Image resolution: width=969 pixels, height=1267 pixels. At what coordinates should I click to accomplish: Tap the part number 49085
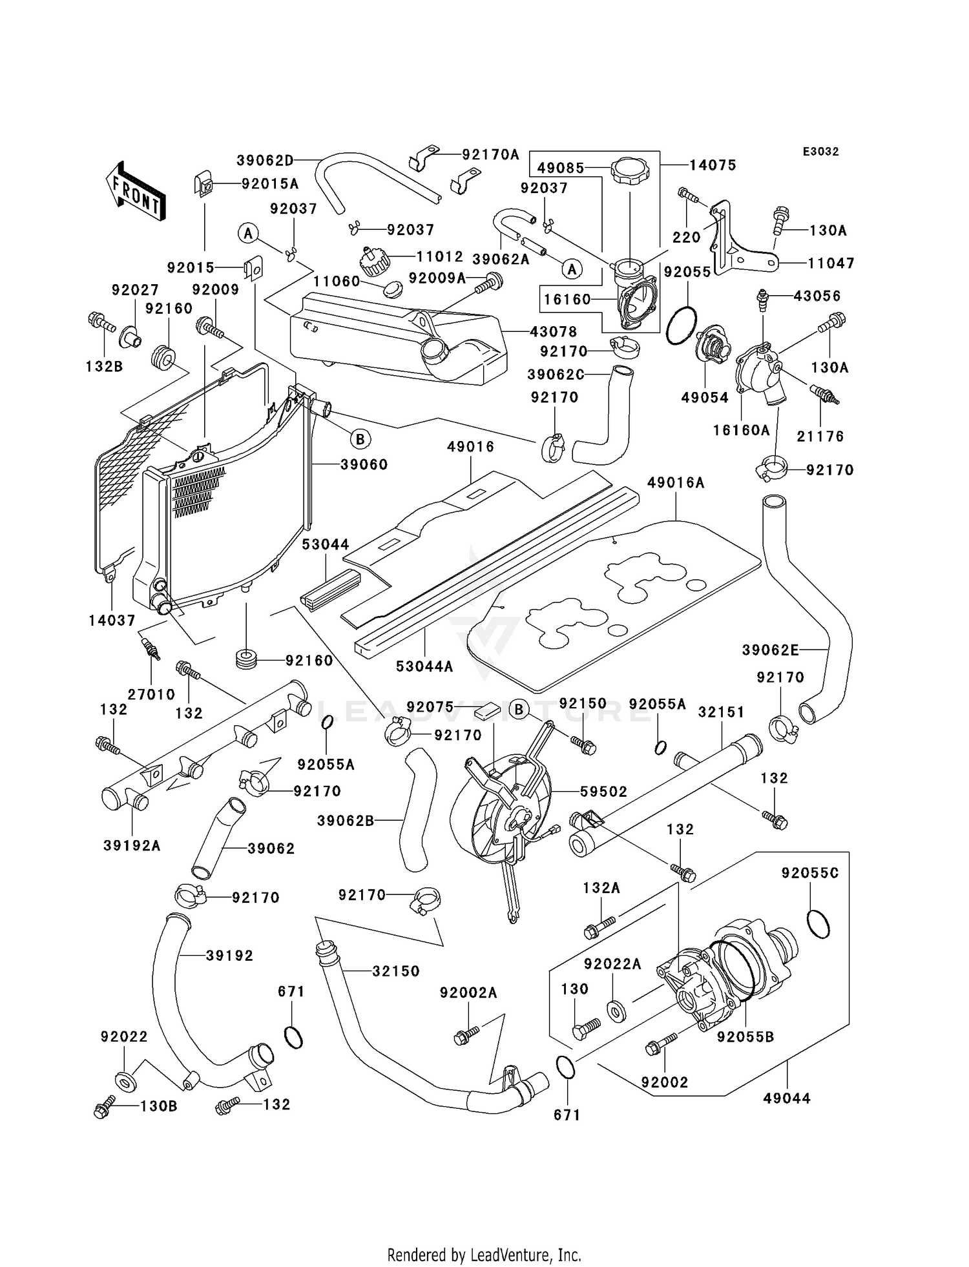click(x=560, y=169)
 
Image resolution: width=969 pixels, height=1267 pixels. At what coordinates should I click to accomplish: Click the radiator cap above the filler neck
click(x=629, y=171)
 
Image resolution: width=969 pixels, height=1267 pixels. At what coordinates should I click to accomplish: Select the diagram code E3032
click(x=820, y=152)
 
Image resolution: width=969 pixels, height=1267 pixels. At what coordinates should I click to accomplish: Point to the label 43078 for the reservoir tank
click(x=553, y=331)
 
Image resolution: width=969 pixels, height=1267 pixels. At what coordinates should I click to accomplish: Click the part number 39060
click(x=364, y=465)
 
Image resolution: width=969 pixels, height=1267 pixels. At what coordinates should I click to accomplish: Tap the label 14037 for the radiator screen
click(x=112, y=621)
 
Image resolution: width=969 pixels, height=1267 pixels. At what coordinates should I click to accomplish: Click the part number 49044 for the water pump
click(x=786, y=1098)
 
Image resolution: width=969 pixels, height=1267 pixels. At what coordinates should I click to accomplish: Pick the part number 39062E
click(x=770, y=650)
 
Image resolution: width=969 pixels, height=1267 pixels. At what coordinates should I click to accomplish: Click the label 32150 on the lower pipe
click(x=395, y=971)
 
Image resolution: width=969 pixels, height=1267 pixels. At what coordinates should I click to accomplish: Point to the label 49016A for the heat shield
click(x=676, y=483)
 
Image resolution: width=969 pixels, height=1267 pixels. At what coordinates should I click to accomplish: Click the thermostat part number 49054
click(x=705, y=398)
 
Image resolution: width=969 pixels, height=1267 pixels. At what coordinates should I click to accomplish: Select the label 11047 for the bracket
click(x=831, y=263)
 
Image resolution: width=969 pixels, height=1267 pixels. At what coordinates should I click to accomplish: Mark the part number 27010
click(x=151, y=694)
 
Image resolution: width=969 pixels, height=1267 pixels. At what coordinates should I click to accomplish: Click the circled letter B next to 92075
click(x=518, y=708)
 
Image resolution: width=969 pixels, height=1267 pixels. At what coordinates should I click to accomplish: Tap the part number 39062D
click(x=265, y=160)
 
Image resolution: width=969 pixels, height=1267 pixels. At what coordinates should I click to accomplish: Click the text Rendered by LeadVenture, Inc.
click(x=484, y=1255)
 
